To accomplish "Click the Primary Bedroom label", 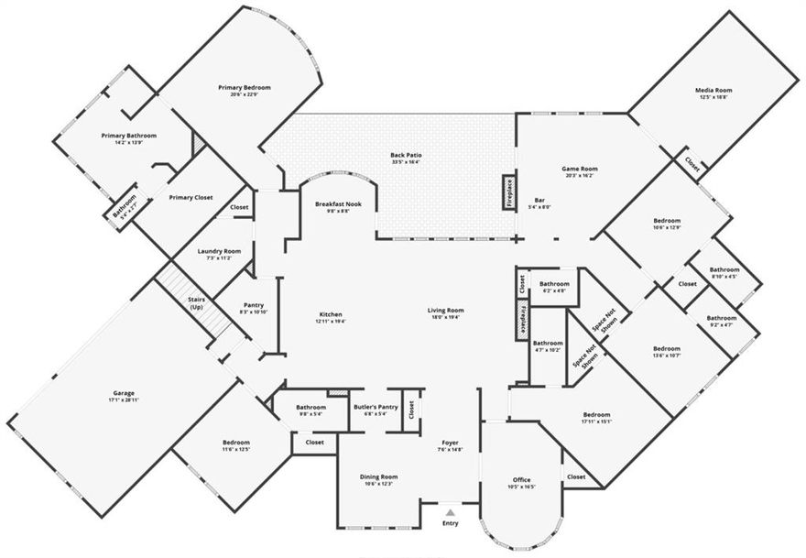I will [245, 88].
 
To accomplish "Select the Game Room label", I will [579, 169].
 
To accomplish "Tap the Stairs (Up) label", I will [196, 302].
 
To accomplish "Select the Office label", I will [522, 480].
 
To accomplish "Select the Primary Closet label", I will [191, 197].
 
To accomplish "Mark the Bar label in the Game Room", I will [540, 200].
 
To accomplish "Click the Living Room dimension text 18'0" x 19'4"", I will [446, 318].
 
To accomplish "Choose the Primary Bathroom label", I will [128, 136].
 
